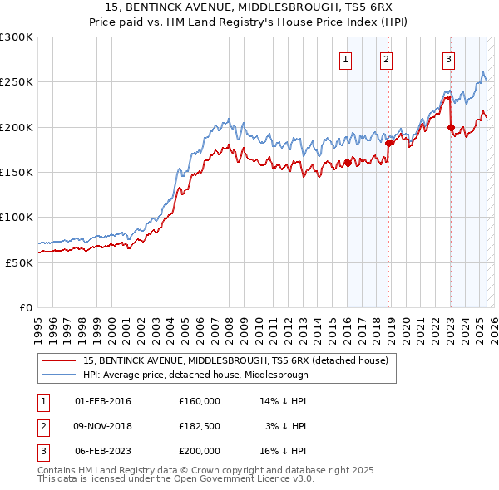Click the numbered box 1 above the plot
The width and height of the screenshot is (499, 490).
345,59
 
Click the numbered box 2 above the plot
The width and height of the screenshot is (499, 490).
387,59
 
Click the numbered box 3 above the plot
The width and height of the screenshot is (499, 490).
448,59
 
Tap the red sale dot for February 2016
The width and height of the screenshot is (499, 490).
347,163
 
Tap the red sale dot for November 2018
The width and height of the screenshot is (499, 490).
388,143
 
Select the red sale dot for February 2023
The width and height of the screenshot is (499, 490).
451,127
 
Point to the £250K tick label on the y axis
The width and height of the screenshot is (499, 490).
16,82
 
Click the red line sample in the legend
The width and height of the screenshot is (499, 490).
58,361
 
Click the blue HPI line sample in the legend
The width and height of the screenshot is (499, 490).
58,375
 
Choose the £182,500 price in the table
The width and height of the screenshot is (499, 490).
200,426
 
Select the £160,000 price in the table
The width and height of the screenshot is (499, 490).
200,401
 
